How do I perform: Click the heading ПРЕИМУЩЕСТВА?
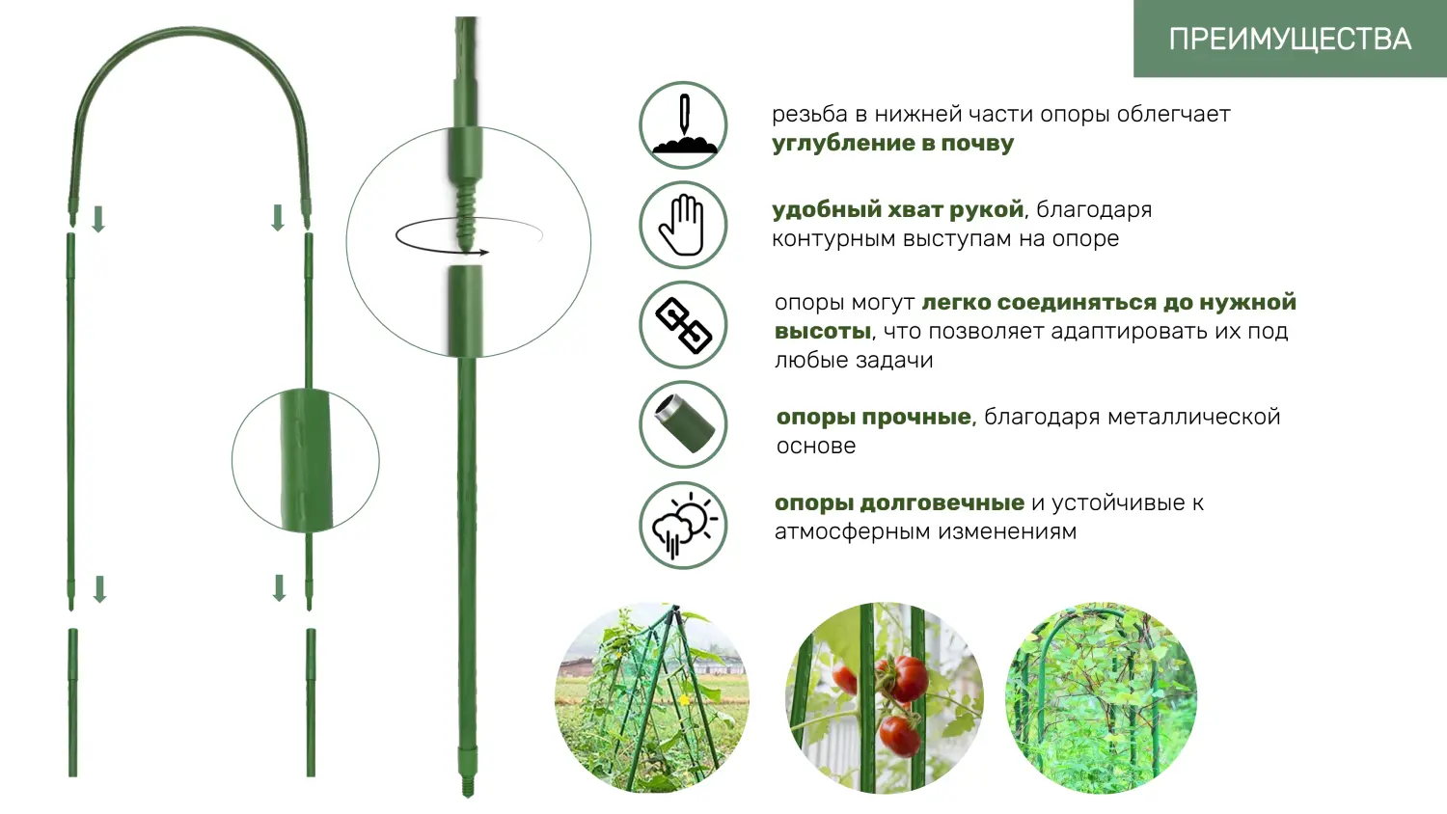click(x=1290, y=39)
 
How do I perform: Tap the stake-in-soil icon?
click(x=683, y=125)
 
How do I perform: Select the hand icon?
click(x=683, y=226)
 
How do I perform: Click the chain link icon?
click(x=683, y=325)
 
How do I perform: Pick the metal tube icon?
click(x=683, y=424)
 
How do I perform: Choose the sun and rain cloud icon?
click(x=683, y=526)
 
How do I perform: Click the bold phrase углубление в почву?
click(x=892, y=144)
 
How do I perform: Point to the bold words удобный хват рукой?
click(x=897, y=209)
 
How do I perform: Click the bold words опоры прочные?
click(x=874, y=417)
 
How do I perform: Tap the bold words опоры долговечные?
click(x=899, y=502)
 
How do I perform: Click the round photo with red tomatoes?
click(x=884, y=698)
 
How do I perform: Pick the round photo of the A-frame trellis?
click(x=652, y=698)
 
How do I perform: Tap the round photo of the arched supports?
click(x=1101, y=698)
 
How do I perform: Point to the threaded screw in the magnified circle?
click(x=466, y=218)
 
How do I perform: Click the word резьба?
click(x=808, y=115)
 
